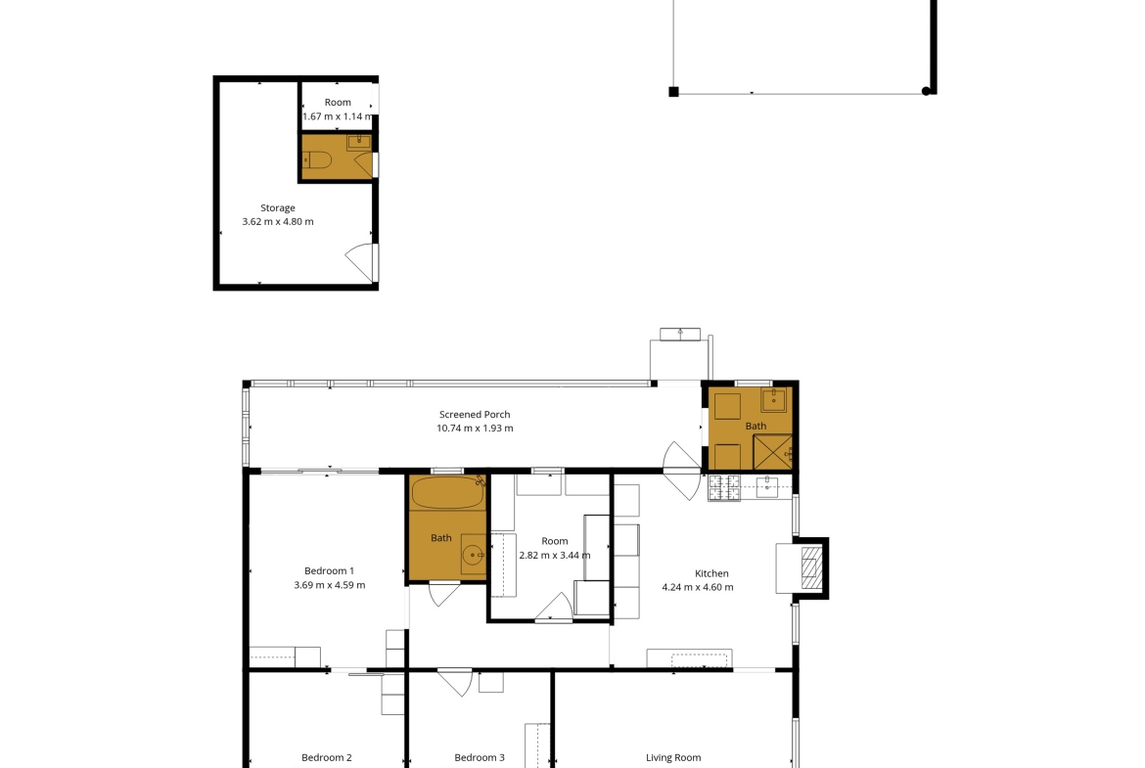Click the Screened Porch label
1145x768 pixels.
(475, 414)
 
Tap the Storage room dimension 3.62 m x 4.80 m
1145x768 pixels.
(278, 221)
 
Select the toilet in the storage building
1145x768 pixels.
(318, 159)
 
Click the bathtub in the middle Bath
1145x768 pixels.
(447, 493)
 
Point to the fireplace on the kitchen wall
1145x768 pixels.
(810, 568)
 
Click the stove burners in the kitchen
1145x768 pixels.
(723, 487)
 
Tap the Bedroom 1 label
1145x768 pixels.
(330, 571)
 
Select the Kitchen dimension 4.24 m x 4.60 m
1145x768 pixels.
(698, 587)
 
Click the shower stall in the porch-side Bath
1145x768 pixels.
(772, 452)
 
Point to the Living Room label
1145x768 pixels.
(673, 758)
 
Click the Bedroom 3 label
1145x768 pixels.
(479, 758)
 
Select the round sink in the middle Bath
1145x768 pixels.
(474, 556)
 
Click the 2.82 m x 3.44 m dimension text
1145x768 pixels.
(555, 555)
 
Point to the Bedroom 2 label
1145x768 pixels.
(327, 758)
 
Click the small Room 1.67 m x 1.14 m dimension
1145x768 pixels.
(338, 116)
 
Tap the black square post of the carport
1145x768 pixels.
(674, 91)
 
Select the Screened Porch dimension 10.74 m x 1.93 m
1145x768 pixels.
(475, 429)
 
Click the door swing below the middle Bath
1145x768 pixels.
(444, 593)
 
